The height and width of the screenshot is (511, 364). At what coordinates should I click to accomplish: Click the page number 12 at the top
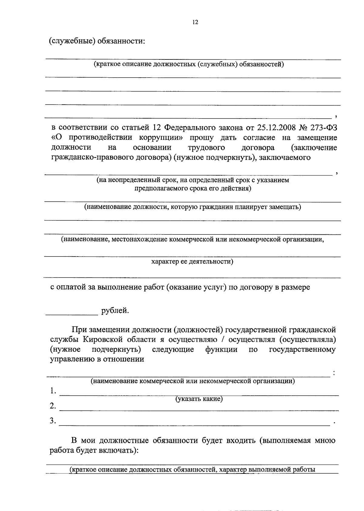195,22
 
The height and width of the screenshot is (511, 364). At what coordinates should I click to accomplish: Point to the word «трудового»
206,147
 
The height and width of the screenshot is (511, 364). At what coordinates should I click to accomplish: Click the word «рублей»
115,311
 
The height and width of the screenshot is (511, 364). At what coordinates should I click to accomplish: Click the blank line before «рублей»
72,314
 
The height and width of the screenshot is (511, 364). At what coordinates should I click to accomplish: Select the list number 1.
53,391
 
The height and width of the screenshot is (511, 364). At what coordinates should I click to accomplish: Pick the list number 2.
53,406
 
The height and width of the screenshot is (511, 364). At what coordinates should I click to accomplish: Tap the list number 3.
53,421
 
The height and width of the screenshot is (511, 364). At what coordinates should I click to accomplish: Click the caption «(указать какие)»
199,399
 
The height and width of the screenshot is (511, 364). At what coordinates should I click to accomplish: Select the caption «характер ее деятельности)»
192,261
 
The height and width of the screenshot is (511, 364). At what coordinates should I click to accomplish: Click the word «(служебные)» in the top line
71,41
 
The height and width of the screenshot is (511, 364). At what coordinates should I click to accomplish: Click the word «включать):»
118,450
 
